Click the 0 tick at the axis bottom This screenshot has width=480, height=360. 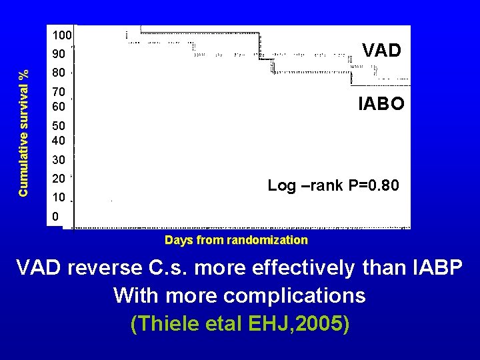[x=56, y=217]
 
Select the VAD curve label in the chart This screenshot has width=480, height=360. [x=381, y=51]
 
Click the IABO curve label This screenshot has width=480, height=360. [x=381, y=103]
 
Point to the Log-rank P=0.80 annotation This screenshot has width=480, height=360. [x=333, y=186]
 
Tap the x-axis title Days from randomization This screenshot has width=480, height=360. [x=236, y=240]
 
